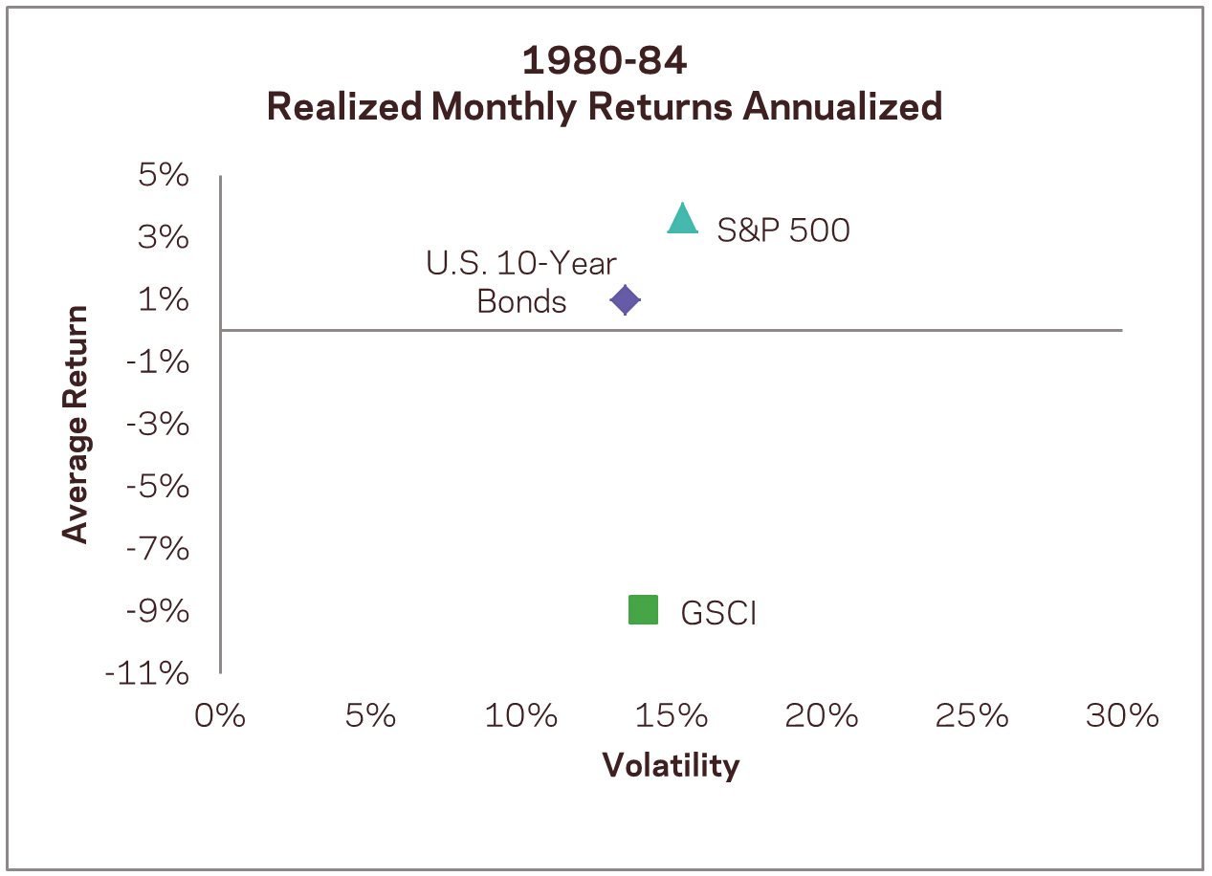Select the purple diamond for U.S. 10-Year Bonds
click(x=625, y=300)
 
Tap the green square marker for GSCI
click(x=643, y=609)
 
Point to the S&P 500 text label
click(x=783, y=230)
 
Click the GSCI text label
click(x=718, y=613)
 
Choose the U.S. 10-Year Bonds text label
click(x=521, y=283)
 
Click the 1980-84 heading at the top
click(x=605, y=62)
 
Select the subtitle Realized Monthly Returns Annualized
click(x=605, y=107)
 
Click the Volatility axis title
click(x=671, y=765)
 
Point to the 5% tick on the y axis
click(x=163, y=176)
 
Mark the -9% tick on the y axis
click(x=158, y=611)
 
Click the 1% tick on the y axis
click(x=163, y=300)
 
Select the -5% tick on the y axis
click(x=158, y=487)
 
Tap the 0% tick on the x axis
click(x=220, y=715)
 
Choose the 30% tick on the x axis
click(x=1122, y=715)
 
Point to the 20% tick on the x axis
click(x=821, y=715)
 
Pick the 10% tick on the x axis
click(x=520, y=715)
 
